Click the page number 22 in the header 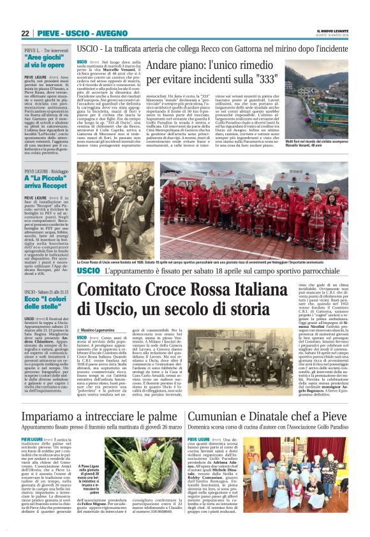(26, 34)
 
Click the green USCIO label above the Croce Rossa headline (88, 270)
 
